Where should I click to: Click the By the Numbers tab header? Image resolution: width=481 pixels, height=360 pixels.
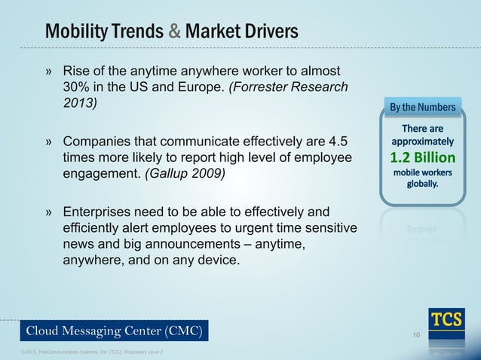pos(422,108)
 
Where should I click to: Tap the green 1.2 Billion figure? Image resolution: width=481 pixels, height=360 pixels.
pos(422,158)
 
